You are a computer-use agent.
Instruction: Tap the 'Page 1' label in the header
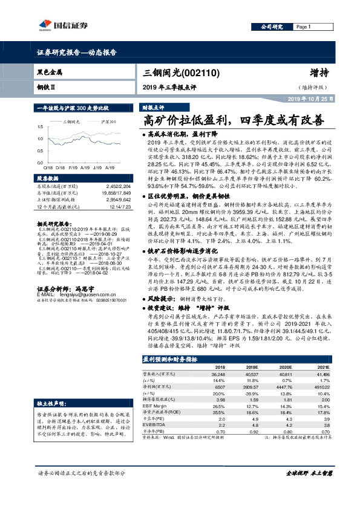pyautogui.click(x=303, y=28)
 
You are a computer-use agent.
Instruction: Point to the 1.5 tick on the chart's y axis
pyautogui.click(x=41, y=128)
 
